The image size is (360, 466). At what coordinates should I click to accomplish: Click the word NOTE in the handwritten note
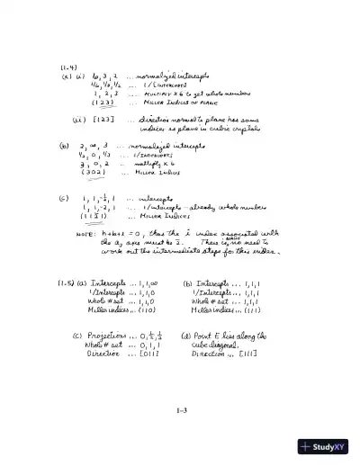coord(86,233)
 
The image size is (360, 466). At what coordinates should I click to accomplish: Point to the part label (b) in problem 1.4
coord(64,144)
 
